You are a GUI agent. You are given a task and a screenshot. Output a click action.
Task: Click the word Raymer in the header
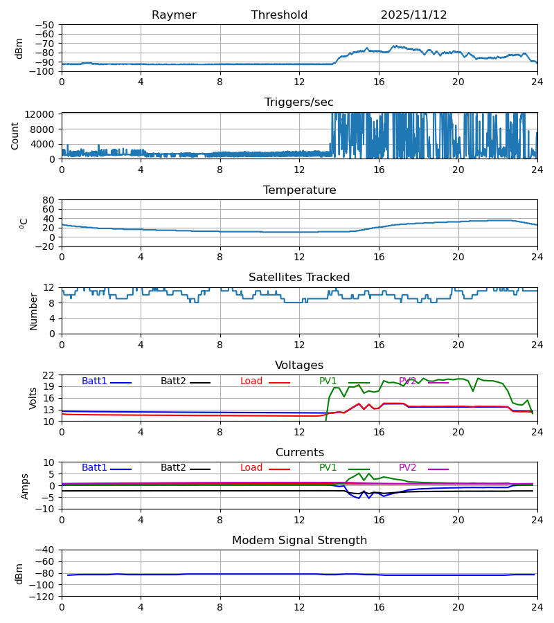(x=174, y=15)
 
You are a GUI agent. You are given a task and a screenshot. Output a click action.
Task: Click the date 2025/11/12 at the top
(x=413, y=15)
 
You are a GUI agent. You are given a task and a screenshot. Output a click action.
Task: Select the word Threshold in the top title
(x=279, y=15)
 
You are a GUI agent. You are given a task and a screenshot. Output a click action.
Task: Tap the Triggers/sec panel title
(x=299, y=102)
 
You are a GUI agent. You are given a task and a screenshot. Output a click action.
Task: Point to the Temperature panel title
(x=299, y=190)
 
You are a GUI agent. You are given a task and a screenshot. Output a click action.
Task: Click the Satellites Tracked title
(x=299, y=278)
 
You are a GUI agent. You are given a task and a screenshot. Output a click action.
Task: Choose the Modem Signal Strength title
(x=299, y=541)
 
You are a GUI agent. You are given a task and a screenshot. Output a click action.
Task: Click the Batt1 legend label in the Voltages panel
(x=94, y=381)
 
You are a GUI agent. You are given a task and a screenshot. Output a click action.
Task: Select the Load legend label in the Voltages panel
(x=251, y=381)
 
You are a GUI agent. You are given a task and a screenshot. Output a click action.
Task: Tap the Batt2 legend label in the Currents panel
(x=173, y=468)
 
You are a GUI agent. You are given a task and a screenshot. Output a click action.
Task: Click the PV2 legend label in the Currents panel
(x=408, y=468)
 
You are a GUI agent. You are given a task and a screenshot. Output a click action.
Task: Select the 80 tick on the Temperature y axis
(x=49, y=200)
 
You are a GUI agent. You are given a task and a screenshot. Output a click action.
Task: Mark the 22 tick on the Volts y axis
(x=49, y=375)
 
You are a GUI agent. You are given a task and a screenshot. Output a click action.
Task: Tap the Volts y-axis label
(x=33, y=398)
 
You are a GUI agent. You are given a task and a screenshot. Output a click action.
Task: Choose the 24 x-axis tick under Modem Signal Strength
(x=537, y=607)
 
